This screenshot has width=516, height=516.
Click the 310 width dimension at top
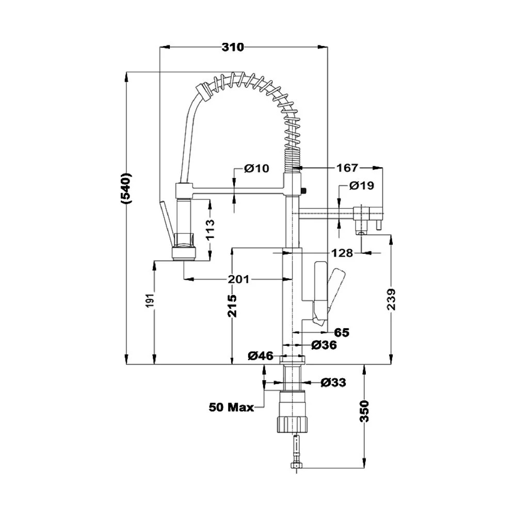[233, 47]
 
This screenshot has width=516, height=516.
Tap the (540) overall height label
[126, 188]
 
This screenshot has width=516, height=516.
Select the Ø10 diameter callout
[256, 169]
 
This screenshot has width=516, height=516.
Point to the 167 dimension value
[347, 168]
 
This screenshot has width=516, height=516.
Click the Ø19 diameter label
[362, 186]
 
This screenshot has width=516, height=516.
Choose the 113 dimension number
[209, 230]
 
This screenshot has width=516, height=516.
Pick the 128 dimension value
[342, 253]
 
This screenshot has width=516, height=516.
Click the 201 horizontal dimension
[239, 279]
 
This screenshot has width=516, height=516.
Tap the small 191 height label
[150, 301]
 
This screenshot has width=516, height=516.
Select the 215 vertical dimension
[232, 306]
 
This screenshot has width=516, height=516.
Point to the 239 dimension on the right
[391, 299]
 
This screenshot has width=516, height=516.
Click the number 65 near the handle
[342, 333]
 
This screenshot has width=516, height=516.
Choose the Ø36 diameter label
[324, 345]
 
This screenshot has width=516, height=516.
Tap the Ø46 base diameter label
[261, 356]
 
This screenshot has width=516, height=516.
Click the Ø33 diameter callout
[333, 382]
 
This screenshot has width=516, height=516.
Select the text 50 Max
[231, 408]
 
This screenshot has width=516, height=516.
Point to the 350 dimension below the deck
[364, 411]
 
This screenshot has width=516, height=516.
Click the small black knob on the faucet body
[304, 190]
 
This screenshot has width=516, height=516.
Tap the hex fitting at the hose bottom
[297, 465]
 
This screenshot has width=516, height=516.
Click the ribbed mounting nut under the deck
[293, 424]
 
